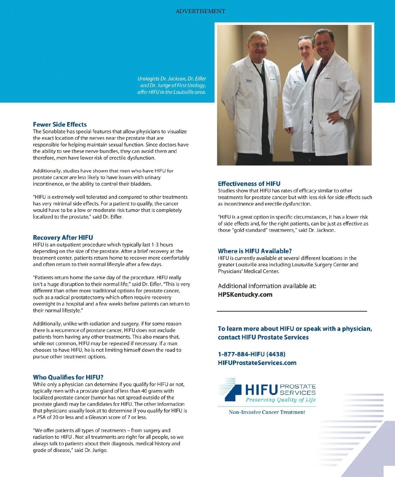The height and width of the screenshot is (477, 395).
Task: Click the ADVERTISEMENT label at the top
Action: (200, 11)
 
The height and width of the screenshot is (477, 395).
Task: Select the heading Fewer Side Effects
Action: (60, 124)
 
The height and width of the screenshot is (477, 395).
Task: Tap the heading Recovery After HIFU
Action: (63, 238)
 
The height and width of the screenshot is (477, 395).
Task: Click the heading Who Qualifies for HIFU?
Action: (68, 377)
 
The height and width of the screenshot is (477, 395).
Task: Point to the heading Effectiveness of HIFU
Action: (249, 184)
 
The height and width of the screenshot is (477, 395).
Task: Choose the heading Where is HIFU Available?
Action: (255, 251)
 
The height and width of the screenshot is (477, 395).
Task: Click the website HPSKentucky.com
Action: (245, 294)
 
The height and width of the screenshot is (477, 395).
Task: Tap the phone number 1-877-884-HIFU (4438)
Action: (251, 354)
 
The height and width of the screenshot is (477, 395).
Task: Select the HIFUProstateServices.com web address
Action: (257, 363)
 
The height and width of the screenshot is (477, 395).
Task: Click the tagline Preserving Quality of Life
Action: (280, 400)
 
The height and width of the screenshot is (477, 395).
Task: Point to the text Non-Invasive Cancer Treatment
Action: (267, 412)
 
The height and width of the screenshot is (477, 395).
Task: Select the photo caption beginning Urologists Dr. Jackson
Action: (171, 85)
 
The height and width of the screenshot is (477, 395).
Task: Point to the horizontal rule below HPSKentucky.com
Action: (292, 311)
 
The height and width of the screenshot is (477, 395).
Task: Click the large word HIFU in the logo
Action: (261, 390)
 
